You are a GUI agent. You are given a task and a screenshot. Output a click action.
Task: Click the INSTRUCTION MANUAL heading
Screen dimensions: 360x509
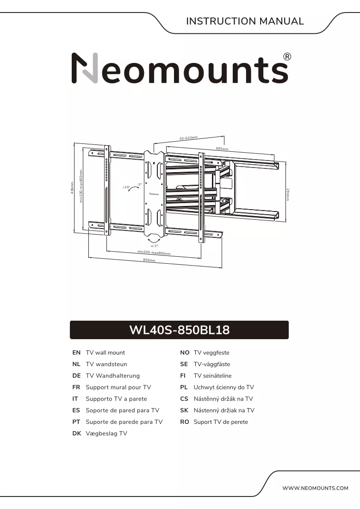245,21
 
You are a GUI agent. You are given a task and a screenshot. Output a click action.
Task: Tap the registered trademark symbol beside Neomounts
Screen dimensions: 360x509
287,57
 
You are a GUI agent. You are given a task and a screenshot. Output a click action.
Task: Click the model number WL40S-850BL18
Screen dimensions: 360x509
179,330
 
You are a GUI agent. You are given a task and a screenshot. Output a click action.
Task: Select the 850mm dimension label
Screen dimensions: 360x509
149,260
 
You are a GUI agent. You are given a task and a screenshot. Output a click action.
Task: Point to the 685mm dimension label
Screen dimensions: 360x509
222,149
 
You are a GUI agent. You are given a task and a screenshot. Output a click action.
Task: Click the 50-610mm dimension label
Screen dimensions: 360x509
189,138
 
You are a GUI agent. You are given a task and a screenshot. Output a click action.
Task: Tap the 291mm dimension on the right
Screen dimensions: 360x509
288,194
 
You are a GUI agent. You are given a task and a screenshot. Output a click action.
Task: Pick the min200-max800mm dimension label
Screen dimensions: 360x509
154,252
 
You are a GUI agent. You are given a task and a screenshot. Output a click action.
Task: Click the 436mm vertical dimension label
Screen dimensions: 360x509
72,188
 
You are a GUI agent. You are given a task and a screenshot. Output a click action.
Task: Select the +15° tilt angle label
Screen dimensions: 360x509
126,187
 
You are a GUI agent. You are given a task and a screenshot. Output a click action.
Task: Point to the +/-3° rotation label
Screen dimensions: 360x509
154,246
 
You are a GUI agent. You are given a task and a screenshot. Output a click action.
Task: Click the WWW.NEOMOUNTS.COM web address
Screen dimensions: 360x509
315,488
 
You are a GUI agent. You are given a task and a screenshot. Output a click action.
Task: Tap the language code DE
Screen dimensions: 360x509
76,376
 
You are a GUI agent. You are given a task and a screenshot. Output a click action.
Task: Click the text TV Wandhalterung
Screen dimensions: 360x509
112,376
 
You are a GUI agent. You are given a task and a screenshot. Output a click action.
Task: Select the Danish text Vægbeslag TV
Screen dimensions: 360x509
106,434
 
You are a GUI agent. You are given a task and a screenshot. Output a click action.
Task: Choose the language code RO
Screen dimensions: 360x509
184,422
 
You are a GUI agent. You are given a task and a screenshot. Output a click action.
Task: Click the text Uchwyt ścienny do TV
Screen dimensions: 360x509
223,387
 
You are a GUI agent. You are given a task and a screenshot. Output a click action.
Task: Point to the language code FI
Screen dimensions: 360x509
183,376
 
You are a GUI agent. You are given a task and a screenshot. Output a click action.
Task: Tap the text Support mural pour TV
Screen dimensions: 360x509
118,387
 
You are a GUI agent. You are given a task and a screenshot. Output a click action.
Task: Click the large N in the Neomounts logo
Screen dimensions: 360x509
84,68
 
